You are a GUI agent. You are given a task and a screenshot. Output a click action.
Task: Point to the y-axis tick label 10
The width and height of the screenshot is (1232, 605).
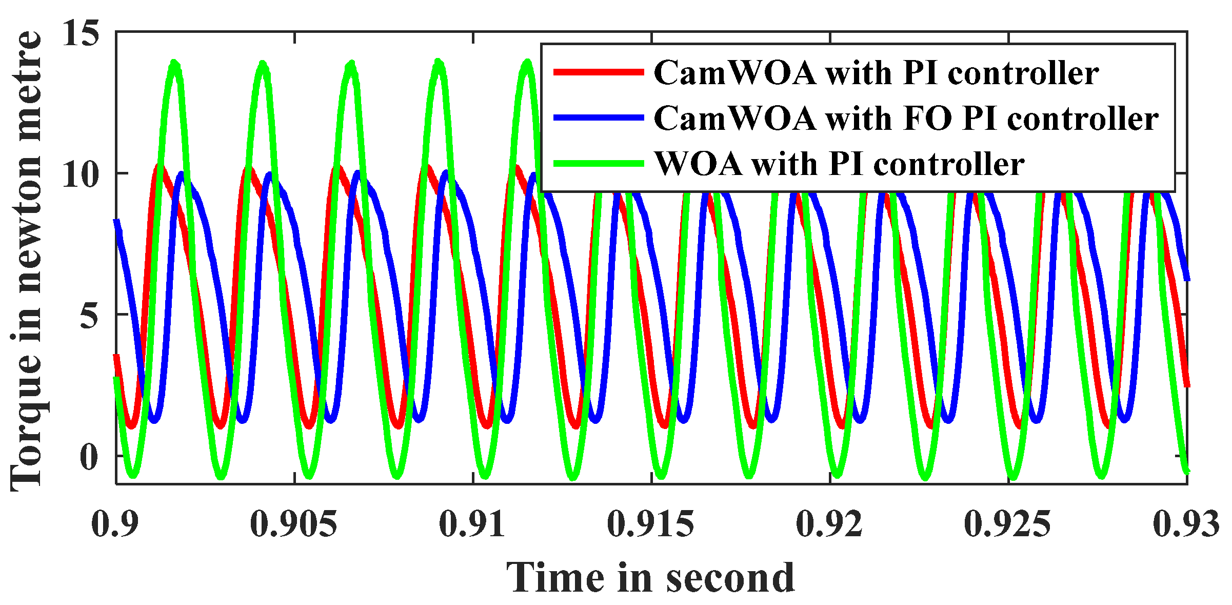coord(81,174)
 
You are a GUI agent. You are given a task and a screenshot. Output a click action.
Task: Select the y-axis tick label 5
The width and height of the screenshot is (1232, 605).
coord(89,315)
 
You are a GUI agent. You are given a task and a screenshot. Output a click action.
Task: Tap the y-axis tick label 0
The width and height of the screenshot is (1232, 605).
coord(89,457)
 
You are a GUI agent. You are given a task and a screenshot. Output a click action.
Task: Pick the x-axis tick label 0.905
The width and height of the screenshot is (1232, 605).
coord(293,524)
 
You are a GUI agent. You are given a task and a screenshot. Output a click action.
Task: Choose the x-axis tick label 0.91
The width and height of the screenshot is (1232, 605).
coord(472,524)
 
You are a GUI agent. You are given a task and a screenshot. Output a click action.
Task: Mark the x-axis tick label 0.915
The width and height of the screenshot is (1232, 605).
coord(650,524)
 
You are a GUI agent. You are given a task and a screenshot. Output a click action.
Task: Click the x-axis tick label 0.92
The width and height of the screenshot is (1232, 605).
coord(829,524)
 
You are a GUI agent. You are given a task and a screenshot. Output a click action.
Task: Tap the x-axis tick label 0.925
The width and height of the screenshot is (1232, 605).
coord(1007,524)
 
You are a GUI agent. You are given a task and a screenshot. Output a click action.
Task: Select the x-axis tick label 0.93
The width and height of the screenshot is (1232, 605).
coord(1186,524)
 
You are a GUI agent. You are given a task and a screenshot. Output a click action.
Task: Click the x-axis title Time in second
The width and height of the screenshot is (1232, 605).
coord(650,578)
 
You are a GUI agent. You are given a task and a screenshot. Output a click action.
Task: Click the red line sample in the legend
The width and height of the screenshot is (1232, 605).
coord(598,72)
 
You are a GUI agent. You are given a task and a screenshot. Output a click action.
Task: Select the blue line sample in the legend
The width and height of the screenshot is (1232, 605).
coord(598,118)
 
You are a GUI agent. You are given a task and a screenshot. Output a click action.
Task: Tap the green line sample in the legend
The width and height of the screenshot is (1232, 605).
coord(598,164)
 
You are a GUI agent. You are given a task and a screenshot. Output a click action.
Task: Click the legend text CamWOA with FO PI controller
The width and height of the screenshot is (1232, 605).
coord(906,119)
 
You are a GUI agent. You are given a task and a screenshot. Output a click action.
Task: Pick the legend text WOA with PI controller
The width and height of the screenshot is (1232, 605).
coord(839,164)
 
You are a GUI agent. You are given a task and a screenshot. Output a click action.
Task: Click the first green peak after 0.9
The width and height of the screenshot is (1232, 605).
coord(175,64)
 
